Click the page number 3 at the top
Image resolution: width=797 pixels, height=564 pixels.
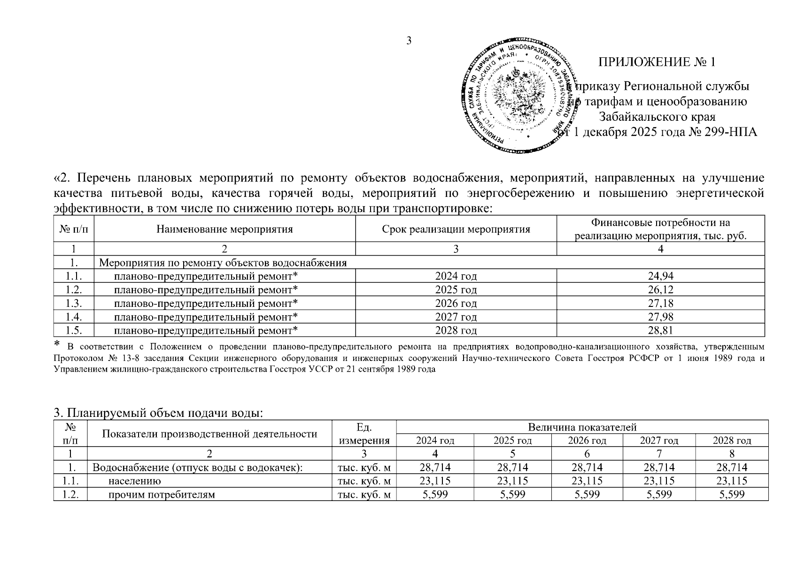409,41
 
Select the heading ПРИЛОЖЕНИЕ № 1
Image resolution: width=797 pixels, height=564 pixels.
657,63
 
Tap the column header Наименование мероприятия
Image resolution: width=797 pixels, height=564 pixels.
224,229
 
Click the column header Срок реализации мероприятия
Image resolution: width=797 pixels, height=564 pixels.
456,229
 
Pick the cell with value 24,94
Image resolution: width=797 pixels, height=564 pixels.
660,276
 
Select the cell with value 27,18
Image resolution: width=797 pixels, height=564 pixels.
660,303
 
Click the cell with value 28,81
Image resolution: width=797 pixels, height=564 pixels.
660,330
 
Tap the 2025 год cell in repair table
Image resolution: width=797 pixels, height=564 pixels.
456,290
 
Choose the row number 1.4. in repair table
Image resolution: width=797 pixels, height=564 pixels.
74,317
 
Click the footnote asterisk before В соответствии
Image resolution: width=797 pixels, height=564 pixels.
58,344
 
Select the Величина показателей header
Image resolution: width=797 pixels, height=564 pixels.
582,427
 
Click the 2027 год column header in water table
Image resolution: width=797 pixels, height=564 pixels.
659,441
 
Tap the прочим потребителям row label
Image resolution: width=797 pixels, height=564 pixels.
162,494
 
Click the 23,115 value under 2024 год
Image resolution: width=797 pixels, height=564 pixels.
435,481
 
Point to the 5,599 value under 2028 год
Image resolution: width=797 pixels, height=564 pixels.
732,494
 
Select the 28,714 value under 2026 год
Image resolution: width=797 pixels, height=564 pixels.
587,468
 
